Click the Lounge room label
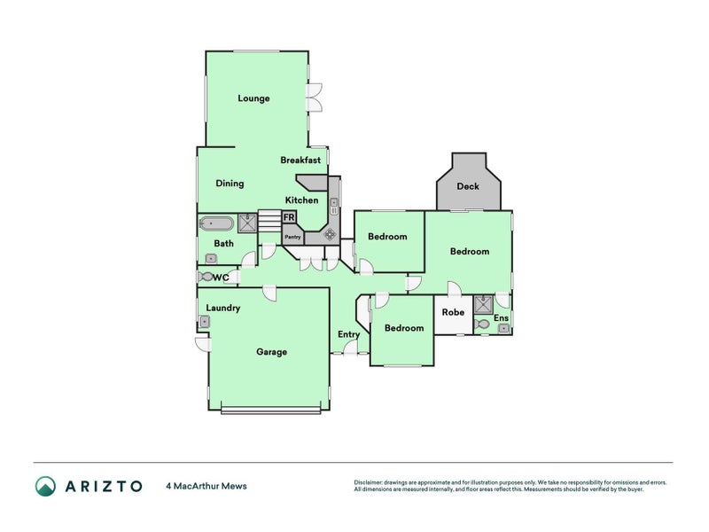(x=253, y=98)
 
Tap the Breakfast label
(x=300, y=160)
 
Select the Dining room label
(x=230, y=184)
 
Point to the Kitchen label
(x=301, y=200)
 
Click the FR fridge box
(x=289, y=216)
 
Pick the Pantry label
(x=292, y=237)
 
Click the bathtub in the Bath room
(x=217, y=223)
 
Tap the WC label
(x=222, y=278)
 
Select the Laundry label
(x=222, y=308)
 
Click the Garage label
(x=271, y=352)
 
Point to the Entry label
(x=348, y=334)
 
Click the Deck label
(x=468, y=186)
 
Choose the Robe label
(x=453, y=312)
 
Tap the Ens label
(x=502, y=317)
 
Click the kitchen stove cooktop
(x=329, y=235)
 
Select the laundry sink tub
(x=203, y=321)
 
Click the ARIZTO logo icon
(x=45, y=486)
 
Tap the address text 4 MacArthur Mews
(x=206, y=486)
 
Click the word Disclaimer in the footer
(x=370, y=482)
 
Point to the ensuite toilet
(x=483, y=325)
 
